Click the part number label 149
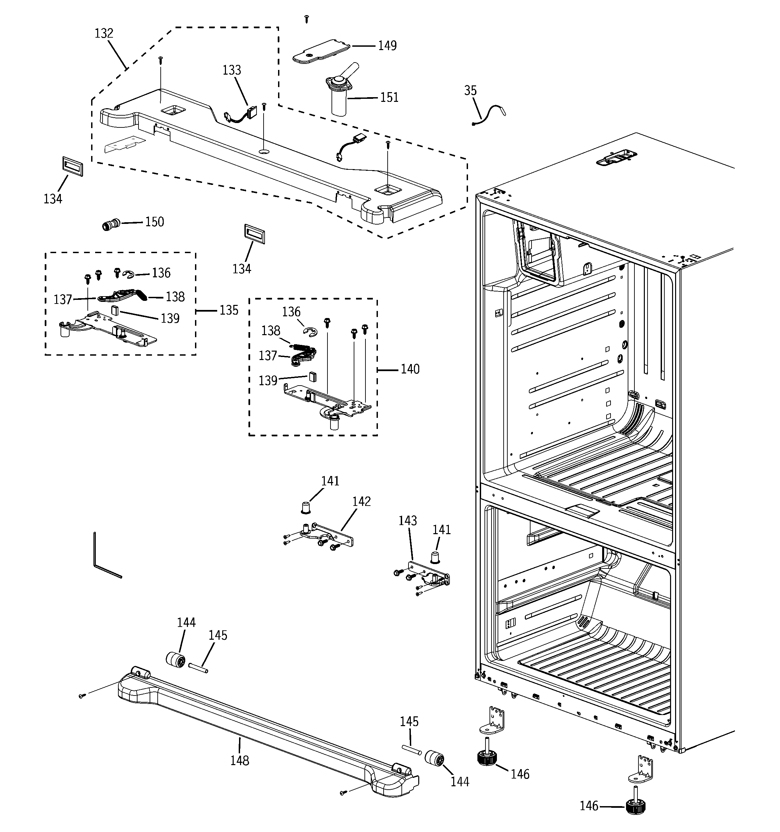coord(387,46)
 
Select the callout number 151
coord(389,97)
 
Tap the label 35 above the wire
coord(470,90)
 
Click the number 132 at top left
coord(104,34)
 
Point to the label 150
coord(155,222)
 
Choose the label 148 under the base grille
coord(239,760)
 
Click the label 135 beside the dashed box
coord(229,310)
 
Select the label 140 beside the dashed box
coord(410,369)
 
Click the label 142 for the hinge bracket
coord(361,501)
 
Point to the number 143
coord(407,521)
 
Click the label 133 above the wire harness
coord(232,70)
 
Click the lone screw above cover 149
coord(307,18)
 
